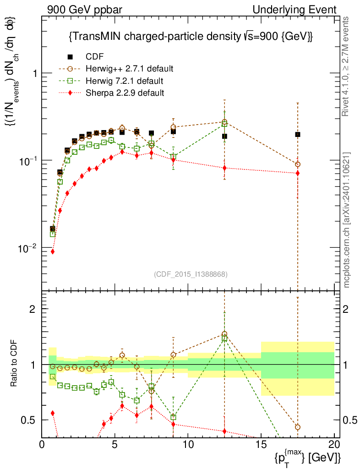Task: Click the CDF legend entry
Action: point(94,57)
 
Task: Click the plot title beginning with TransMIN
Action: point(190,37)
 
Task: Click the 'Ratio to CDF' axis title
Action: point(14,364)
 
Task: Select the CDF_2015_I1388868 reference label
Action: point(191,274)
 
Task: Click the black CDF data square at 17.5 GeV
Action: point(298,134)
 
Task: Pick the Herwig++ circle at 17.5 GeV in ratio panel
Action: point(298,427)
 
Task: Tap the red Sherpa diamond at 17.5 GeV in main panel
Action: point(298,173)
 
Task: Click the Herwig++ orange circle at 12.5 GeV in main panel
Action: point(224,122)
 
